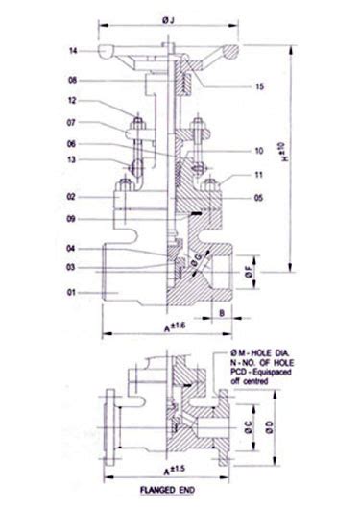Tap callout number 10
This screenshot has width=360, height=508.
click(259, 151)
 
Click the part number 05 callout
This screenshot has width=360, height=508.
click(259, 197)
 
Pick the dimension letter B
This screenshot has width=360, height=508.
click(222, 313)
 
